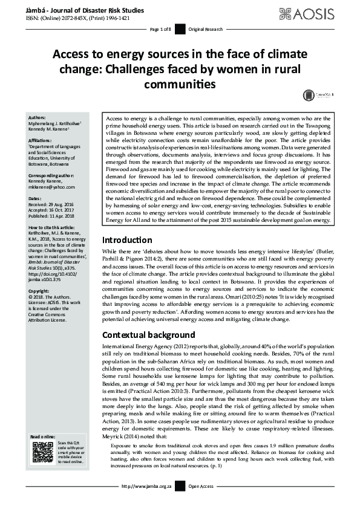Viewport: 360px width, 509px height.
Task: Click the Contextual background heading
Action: (x=148, y=334)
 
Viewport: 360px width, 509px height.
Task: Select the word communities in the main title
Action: (x=180, y=83)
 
